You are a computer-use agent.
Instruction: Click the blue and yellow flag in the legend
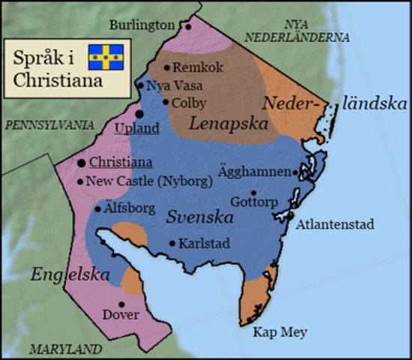click(x=106, y=56)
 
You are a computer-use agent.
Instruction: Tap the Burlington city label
click(x=142, y=25)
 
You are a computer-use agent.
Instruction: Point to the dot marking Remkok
click(x=166, y=66)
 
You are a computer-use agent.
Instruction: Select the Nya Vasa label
click(x=170, y=85)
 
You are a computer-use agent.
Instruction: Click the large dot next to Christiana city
click(x=81, y=162)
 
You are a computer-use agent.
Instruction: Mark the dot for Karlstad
click(x=174, y=243)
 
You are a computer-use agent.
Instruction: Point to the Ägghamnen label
click(x=255, y=171)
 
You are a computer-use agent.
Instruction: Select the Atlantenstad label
click(x=335, y=223)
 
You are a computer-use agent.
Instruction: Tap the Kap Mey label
click(x=279, y=331)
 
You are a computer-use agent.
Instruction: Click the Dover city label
click(x=121, y=314)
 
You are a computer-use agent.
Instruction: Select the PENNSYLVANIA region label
click(x=49, y=123)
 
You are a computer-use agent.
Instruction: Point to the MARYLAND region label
click(x=66, y=349)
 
